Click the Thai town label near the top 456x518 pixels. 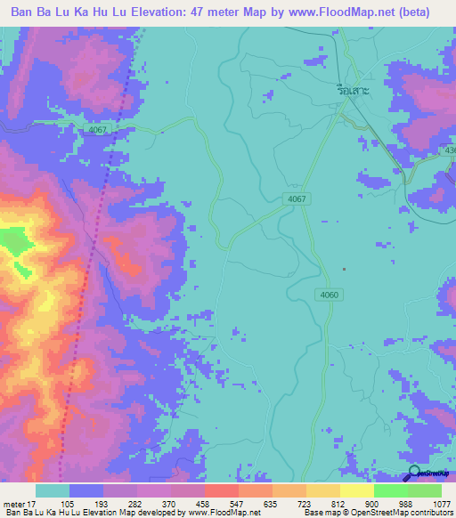pyautogui.click(x=356, y=90)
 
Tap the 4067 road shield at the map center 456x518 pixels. pyautogui.click(x=298, y=198)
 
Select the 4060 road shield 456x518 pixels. pyautogui.click(x=327, y=294)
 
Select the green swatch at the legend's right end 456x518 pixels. pyautogui.click(x=425, y=490)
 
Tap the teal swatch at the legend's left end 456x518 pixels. pyautogui.click(x=53, y=490)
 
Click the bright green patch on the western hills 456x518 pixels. pyautogui.click(x=13, y=239)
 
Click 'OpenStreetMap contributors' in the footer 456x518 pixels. pyautogui.click(x=411, y=514)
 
